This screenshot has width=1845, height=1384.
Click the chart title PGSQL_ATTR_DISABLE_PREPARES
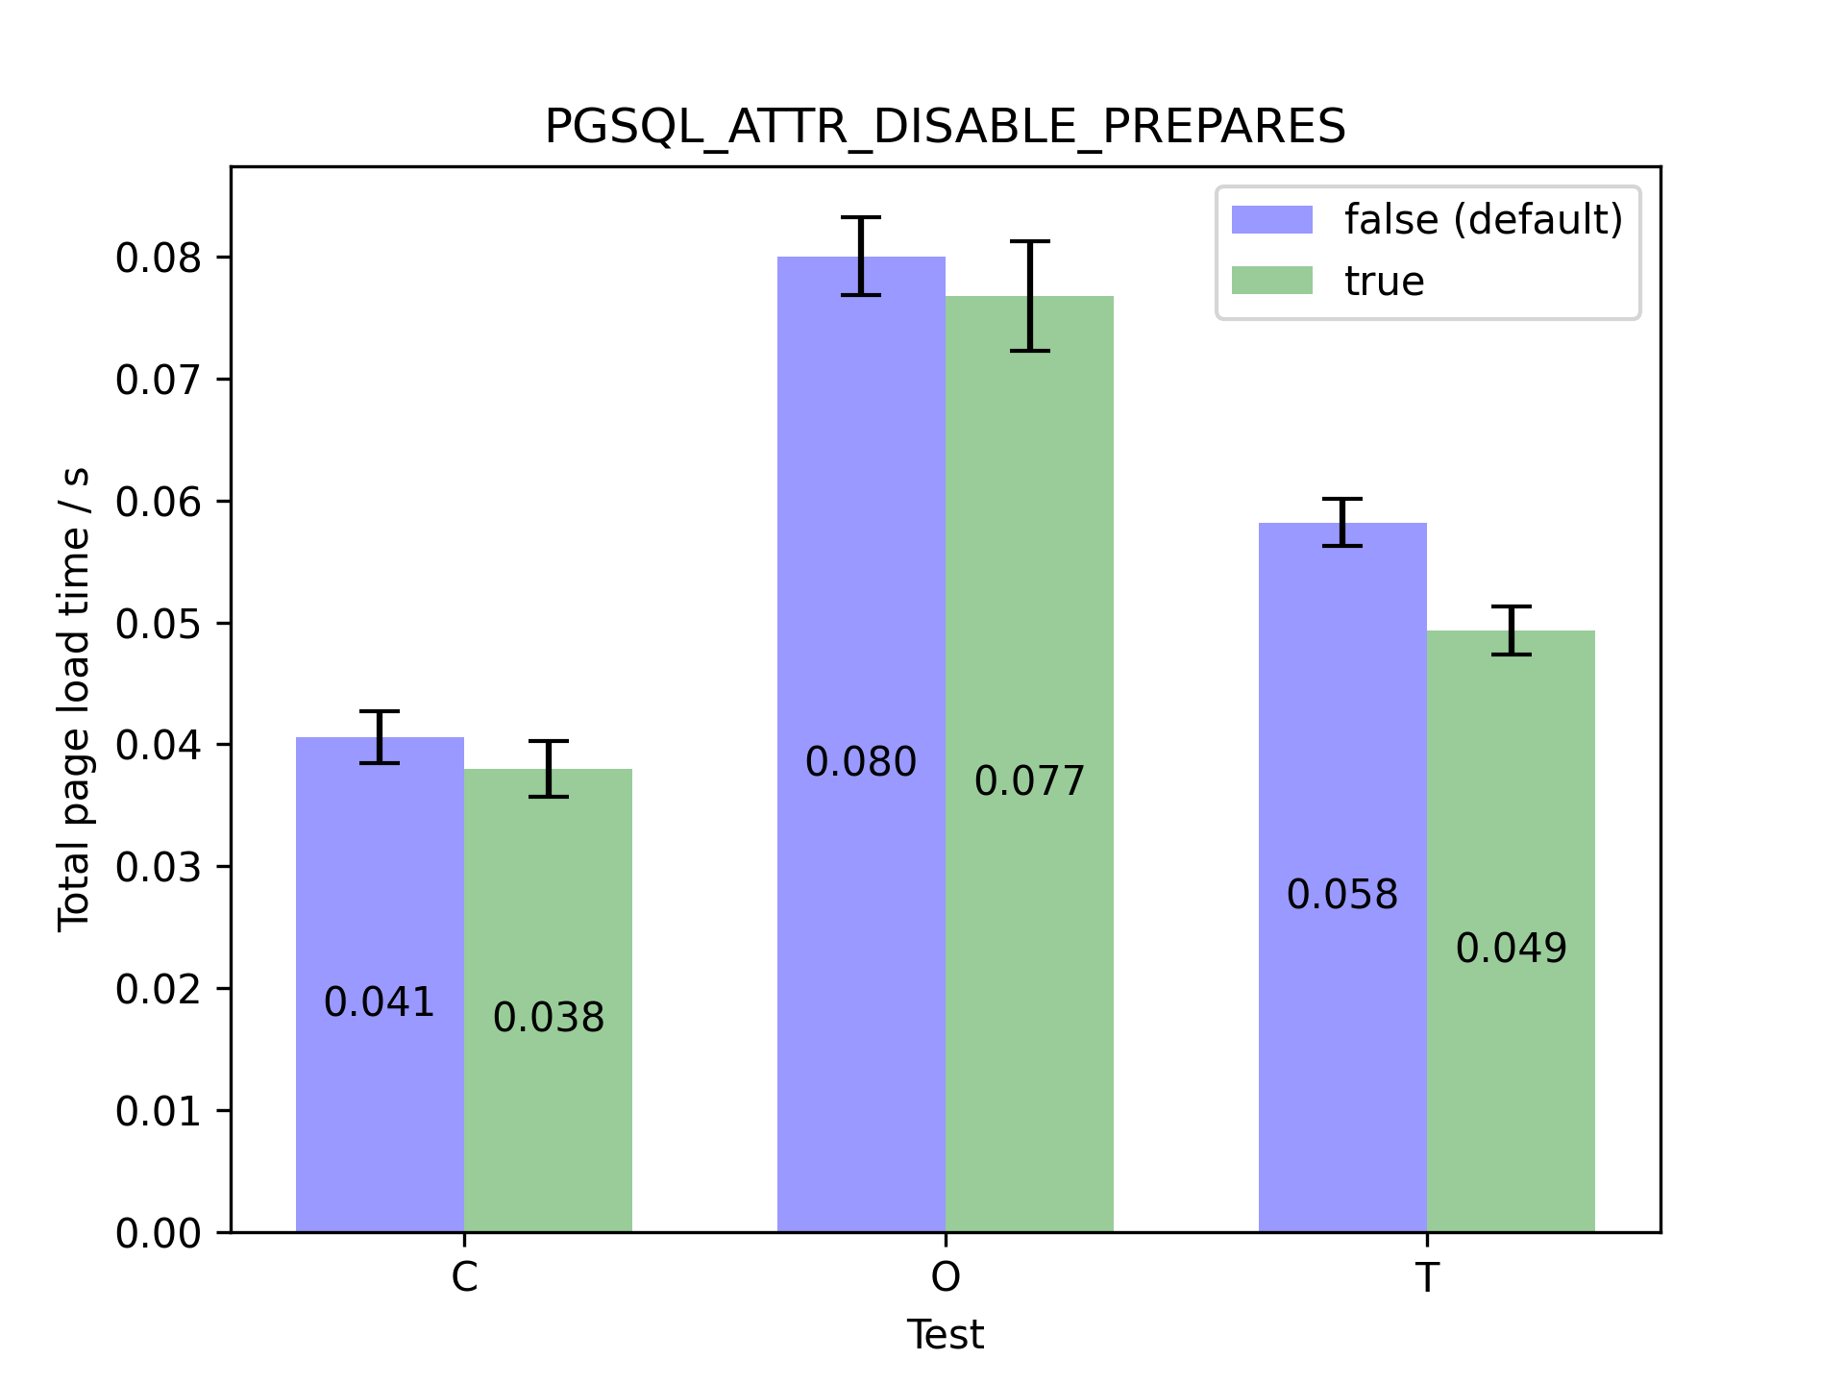pyautogui.click(x=945, y=126)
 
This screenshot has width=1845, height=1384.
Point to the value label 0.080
pyautogui.click(x=861, y=762)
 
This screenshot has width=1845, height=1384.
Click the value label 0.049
pyautogui.click(x=1511, y=949)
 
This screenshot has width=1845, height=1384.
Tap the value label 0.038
pyautogui.click(x=548, y=1018)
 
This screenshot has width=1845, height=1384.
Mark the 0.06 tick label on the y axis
pyautogui.click(x=159, y=502)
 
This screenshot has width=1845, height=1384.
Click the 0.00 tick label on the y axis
pyautogui.click(x=159, y=1233)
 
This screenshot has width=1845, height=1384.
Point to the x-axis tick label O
pyautogui.click(x=946, y=1277)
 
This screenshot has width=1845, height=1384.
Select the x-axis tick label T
pyautogui.click(x=1427, y=1277)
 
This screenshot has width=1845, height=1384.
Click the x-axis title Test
pyautogui.click(x=945, y=1335)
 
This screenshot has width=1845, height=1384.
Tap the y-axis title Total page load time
pyautogui.click(x=74, y=700)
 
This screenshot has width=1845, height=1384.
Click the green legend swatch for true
pyautogui.click(x=1271, y=281)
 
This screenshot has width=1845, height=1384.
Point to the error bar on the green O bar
pyautogui.click(x=1029, y=295)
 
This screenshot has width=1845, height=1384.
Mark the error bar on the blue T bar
pyautogui.click(x=1342, y=522)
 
